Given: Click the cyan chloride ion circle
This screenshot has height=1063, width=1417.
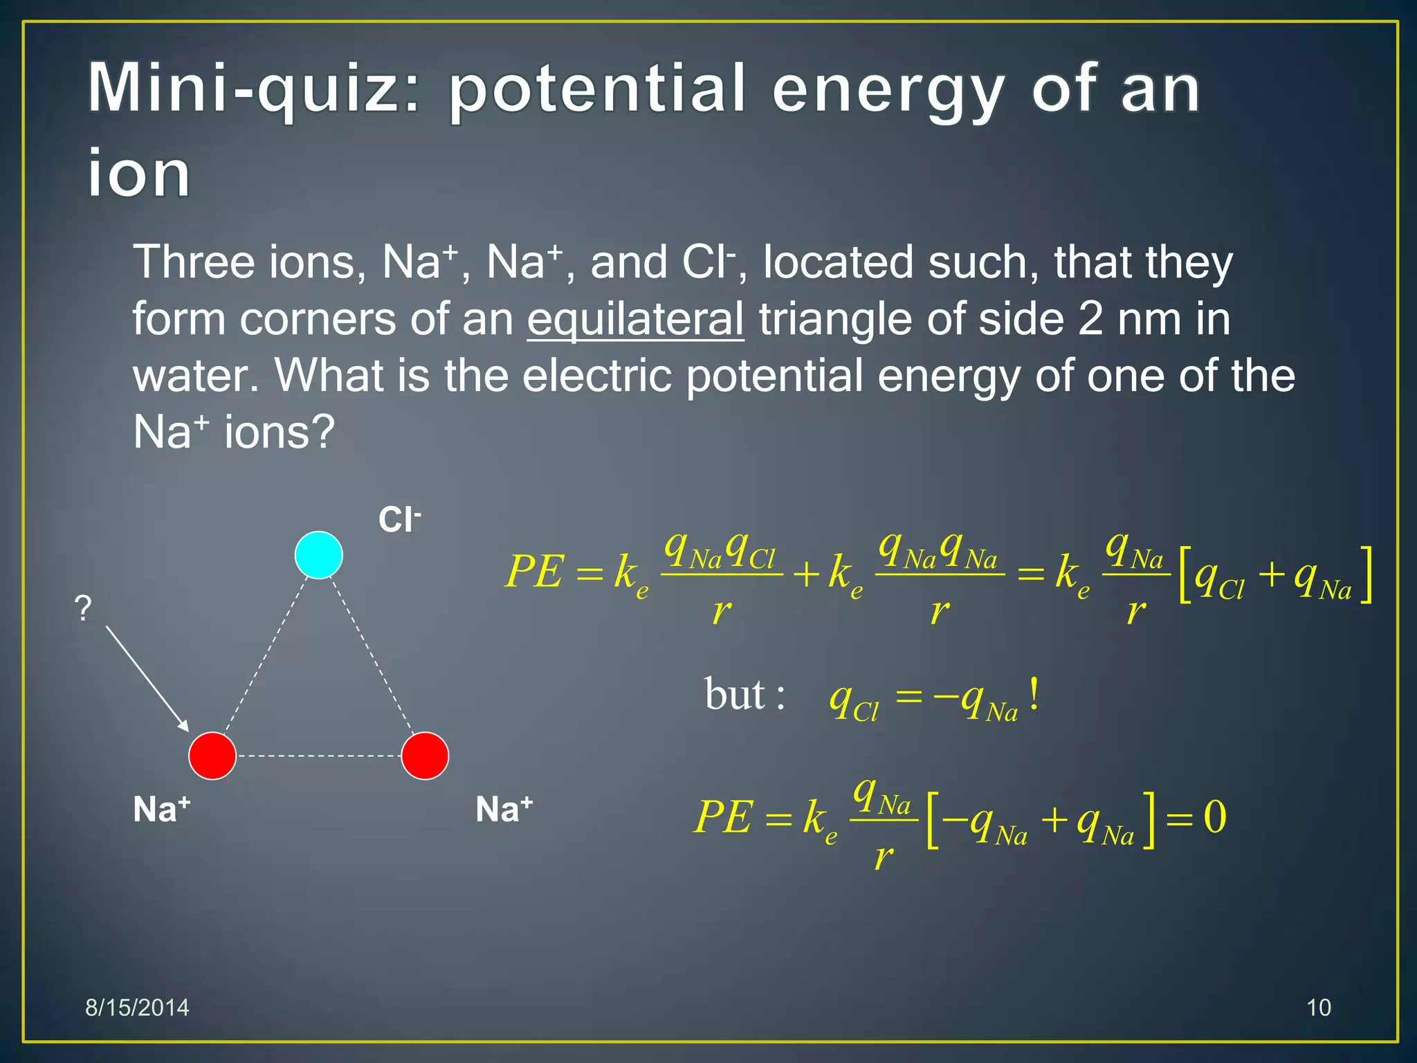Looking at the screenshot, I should pos(318,554).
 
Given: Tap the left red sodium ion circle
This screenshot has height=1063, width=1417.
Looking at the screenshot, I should pos(212,756).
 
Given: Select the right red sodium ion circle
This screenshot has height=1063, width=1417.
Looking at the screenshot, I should pos(425,756).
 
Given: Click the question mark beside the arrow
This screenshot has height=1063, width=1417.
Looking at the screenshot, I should pos(83,608).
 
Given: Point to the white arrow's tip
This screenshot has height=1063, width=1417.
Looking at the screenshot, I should pos(187,729).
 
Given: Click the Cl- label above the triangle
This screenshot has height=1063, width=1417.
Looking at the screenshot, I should pos(399,520).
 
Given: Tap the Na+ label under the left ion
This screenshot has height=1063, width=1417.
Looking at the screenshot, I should pos(161,808).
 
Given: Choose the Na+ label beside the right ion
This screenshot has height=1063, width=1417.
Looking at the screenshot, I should pos(504,808).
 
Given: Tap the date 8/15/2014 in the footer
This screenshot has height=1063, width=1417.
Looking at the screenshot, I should pos(137,1008).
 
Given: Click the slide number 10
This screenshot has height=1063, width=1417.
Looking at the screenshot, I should pos(1318,1008).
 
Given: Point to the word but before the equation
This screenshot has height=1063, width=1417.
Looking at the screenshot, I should pos(735,694).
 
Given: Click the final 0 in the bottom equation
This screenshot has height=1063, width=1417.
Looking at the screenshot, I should pos(1215,817).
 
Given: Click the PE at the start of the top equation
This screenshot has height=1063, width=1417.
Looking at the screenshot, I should pos(534,572).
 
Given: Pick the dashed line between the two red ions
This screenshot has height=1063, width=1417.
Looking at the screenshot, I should pos(318,756).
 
